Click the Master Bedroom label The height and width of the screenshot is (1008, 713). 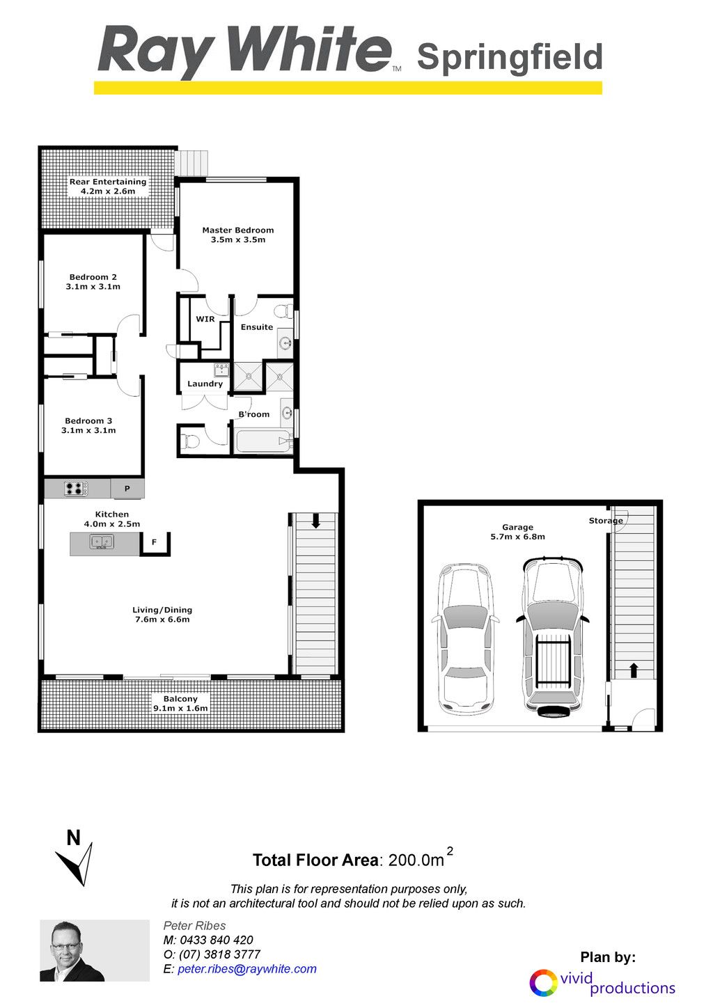pos(237,230)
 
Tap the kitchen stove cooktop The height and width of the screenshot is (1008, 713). pos(76,488)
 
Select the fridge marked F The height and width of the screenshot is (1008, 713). pos(155,543)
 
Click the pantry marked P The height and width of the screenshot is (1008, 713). pos(127,488)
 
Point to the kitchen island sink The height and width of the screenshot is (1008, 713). pos(102,542)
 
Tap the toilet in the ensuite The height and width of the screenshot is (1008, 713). pos(282,311)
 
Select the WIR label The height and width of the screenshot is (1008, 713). pos(205,319)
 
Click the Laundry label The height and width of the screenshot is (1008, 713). pos(205,384)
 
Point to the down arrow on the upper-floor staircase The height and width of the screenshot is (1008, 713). pos(315,521)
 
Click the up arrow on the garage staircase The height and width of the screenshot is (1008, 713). pos(634,670)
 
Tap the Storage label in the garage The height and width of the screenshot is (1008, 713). pos(606,521)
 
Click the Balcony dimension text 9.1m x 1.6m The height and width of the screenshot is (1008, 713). pos(180,708)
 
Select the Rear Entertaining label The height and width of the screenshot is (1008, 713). pos(108,182)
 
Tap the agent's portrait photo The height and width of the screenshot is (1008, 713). pos(95,950)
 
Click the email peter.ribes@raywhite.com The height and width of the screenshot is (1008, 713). pos(246,969)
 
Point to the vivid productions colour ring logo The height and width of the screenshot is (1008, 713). pos(544,982)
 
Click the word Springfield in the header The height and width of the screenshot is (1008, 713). pos(510,58)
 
